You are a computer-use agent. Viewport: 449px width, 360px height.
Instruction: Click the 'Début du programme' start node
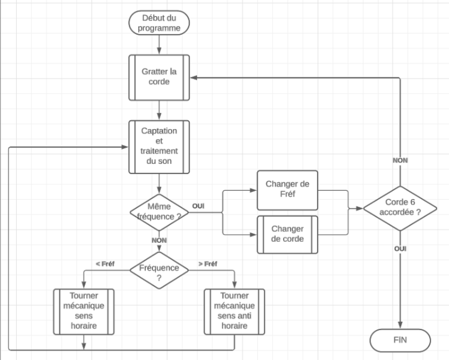[x=159, y=23]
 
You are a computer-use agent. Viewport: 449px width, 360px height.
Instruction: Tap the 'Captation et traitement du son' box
[x=159, y=146]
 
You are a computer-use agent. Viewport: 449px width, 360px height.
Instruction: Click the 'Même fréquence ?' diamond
[x=159, y=211]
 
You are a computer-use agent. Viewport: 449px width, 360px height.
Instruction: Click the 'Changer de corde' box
[x=288, y=234]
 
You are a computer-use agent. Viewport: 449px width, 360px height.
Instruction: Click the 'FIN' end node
[x=399, y=340]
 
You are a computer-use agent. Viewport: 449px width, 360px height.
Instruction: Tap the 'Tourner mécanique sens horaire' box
[x=83, y=310]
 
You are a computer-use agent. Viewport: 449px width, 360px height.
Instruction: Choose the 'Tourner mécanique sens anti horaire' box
[x=234, y=310]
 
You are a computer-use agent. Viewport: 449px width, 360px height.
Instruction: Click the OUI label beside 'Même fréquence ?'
[x=198, y=206]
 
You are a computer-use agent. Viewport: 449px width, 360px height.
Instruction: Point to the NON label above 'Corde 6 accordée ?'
[x=400, y=161]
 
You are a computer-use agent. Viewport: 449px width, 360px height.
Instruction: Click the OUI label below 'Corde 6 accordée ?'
[x=400, y=248]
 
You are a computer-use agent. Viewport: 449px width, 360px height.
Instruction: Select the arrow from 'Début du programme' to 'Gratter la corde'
[x=159, y=43]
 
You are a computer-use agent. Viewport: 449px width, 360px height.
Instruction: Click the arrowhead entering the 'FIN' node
[x=399, y=325]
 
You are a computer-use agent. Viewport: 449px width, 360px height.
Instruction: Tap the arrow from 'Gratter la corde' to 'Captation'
[x=159, y=109]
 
